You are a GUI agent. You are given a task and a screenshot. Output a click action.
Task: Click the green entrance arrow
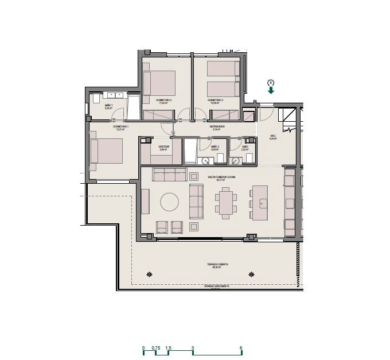pyautogui.click(x=271, y=90)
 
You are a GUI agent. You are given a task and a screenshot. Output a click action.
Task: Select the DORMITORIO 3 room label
pyautogui.click(x=215, y=100)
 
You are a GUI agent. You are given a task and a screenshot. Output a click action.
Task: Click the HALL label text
pyautogui.click(x=273, y=137)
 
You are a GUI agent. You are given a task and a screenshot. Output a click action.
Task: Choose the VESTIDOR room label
pyautogui.click(x=163, y=146)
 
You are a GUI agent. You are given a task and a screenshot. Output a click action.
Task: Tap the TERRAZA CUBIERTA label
pyautogui.click(x=217, y=264)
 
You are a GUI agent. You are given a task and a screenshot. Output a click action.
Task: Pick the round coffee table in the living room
pyautogui.click(x=170, y=202)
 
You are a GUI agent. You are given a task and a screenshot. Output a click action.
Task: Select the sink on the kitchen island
pyautogui.click(x=263, y=202)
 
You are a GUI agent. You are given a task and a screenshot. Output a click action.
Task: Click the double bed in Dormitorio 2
pyautogui.click(x=160, y=83)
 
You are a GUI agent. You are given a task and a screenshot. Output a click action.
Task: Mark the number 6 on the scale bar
pyautogui.click(x=241, y=348)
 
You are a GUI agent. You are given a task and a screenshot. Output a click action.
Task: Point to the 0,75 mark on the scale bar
pyautogui.click(x=155, y=348)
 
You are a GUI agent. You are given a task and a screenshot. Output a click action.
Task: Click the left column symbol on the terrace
pyautogui.click(x=150, y=274)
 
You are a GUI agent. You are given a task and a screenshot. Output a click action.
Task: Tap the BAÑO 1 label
pyautogui.click(x=108, y=106)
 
